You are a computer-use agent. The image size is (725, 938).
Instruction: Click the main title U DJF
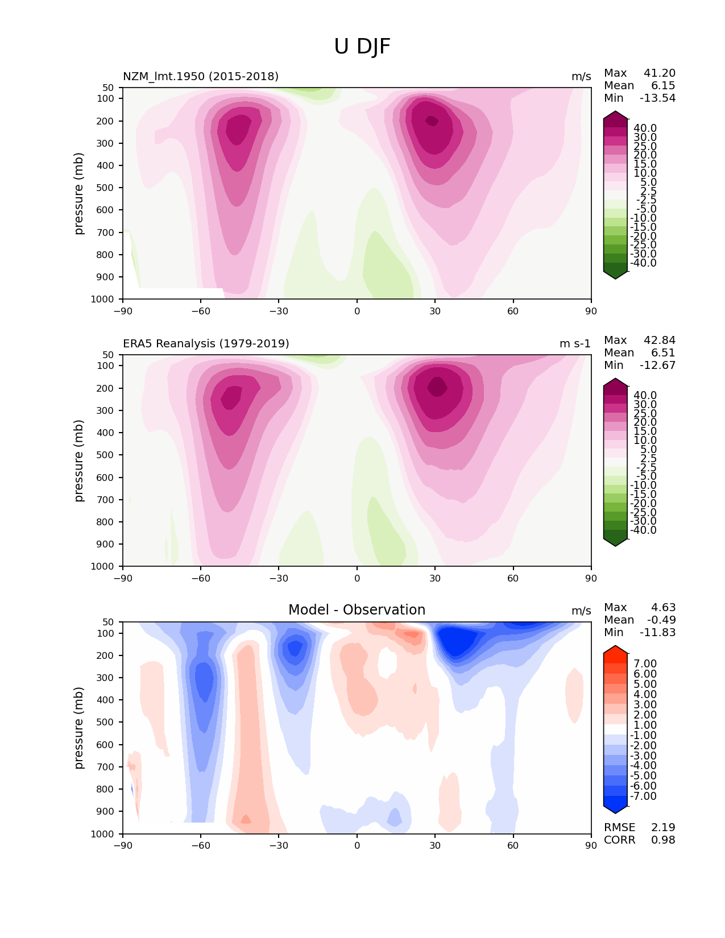[362, 47]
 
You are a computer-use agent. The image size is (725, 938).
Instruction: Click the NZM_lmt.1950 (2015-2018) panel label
[201, 76]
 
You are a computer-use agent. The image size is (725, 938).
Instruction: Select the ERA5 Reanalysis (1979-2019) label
[206, 343]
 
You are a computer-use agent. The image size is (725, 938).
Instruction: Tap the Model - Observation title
[357, 610]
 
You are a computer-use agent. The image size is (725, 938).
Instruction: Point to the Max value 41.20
[660, 73]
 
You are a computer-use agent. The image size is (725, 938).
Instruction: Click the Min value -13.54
[658, 98]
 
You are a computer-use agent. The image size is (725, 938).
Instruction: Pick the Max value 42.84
[660, 340]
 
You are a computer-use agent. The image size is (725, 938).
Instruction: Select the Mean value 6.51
[663, 352]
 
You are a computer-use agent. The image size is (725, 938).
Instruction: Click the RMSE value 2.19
[663, 827]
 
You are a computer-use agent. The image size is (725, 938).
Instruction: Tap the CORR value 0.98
[663, 840]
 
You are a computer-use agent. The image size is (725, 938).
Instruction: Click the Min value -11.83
[658, 632]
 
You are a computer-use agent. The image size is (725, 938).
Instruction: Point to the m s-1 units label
[575, 343]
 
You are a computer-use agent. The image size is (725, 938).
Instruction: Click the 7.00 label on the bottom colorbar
[645, 663]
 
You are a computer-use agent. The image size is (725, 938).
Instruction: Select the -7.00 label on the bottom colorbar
[643, 796]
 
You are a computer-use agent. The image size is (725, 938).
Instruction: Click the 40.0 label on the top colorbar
[645, 128]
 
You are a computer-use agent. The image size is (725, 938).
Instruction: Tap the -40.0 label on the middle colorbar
[643, 530]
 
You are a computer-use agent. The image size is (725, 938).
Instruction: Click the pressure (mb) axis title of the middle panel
[79, 460]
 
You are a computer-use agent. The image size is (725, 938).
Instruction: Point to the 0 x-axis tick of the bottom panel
[357, 845]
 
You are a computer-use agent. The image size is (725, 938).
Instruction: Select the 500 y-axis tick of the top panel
[106, 188]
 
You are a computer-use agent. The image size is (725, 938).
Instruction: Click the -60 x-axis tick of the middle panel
[201, 578]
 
